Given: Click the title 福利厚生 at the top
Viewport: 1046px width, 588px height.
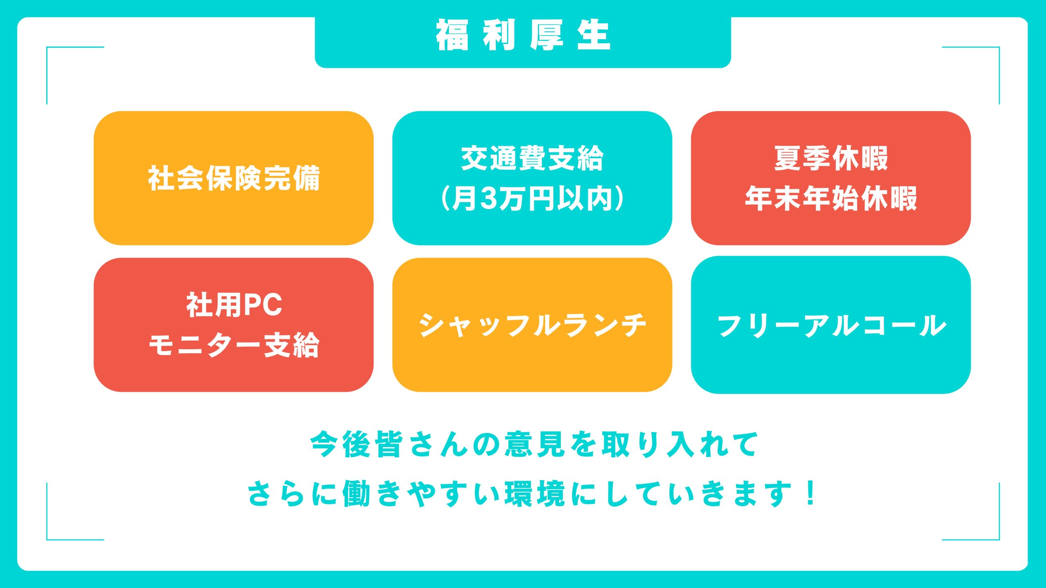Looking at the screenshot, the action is coord(523,35).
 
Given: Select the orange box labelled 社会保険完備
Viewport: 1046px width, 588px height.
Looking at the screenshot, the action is coord(234,178).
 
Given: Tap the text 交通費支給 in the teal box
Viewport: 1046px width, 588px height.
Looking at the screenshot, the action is coord(532,158).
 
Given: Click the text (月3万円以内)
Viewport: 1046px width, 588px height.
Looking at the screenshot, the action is coord(532,199).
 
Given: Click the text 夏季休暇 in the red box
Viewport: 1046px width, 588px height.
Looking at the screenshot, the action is coord(831,158).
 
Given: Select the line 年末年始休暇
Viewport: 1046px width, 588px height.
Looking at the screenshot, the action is coord(831,199).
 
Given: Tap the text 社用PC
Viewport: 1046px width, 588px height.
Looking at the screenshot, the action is coord(234,305).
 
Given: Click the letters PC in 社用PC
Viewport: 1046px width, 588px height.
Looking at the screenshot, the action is coord(263,305).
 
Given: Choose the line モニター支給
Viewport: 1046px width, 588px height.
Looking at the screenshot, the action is coord(234,345).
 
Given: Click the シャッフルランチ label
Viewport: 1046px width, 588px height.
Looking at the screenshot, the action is coord(532,325).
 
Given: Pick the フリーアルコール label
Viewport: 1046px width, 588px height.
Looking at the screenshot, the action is coord(832,325).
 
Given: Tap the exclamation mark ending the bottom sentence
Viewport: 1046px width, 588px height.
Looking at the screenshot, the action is coord(811,493).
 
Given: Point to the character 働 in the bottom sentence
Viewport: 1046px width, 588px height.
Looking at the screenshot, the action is coord(357,494).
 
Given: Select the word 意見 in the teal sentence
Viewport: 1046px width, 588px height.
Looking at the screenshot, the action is coord(535,444).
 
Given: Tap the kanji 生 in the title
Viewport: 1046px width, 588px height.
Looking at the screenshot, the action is coord(594,35).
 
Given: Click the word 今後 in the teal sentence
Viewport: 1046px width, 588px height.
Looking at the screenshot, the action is coord(340,444).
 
